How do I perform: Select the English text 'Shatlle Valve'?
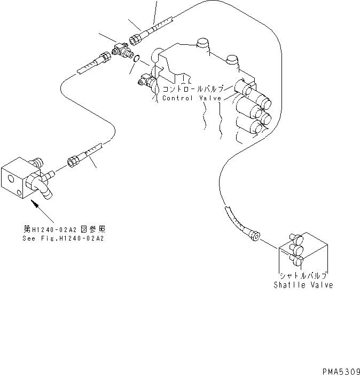click(303, 285)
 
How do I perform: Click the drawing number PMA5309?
click(340, 369)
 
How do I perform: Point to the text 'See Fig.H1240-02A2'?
click(64, 238)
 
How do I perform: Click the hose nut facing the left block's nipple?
click(73, 159)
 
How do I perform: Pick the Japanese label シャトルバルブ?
click(303, 276)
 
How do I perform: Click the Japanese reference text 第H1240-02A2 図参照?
click(64, 229)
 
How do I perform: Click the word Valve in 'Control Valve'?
click(209, 98)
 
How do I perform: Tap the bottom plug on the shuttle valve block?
click(297, 259)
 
